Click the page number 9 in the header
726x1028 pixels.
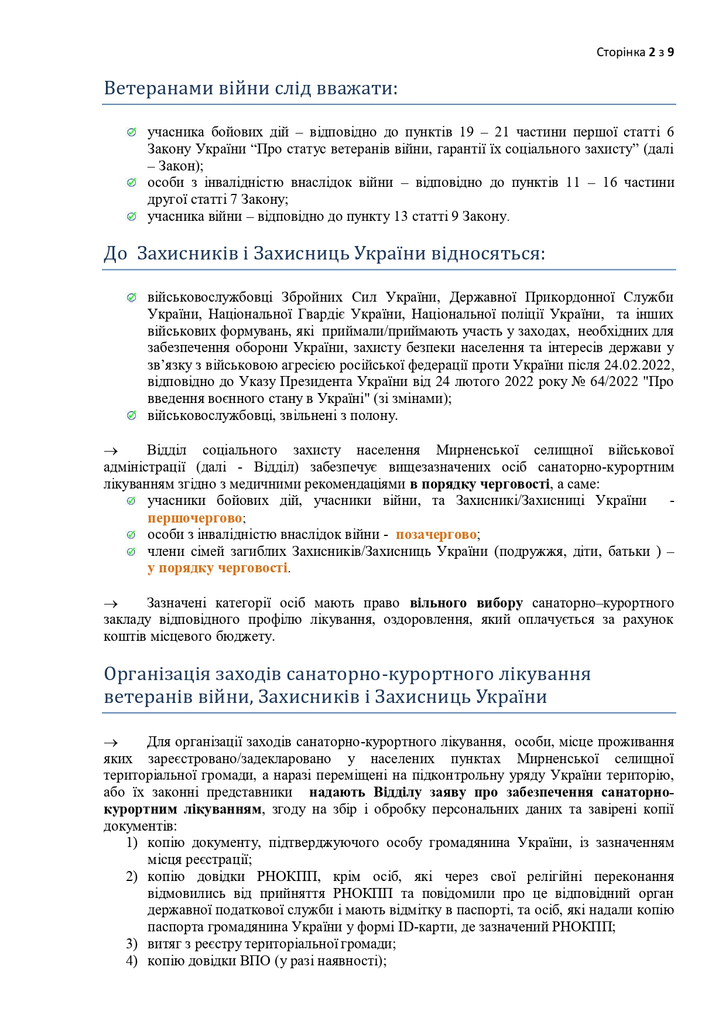point(670,52)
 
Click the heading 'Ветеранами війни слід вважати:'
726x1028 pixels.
point(251,88)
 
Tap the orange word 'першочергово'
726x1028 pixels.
point(194,518)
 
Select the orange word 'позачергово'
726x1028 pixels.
point(436,534)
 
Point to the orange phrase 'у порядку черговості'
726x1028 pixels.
point(217,568)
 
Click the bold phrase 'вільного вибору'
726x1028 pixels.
point(466,603)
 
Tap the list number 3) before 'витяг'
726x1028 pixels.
point(132,944)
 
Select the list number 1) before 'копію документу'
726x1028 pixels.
point(132,842)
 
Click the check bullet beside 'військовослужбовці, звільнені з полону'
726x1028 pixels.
point(132,415)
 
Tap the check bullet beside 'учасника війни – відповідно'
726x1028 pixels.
point(132,217)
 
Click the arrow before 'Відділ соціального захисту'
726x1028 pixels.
point(111,450)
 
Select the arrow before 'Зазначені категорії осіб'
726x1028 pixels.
point(111,603)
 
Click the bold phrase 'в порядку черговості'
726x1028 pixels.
point(480,484)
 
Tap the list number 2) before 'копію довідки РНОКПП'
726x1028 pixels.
point(132,876)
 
